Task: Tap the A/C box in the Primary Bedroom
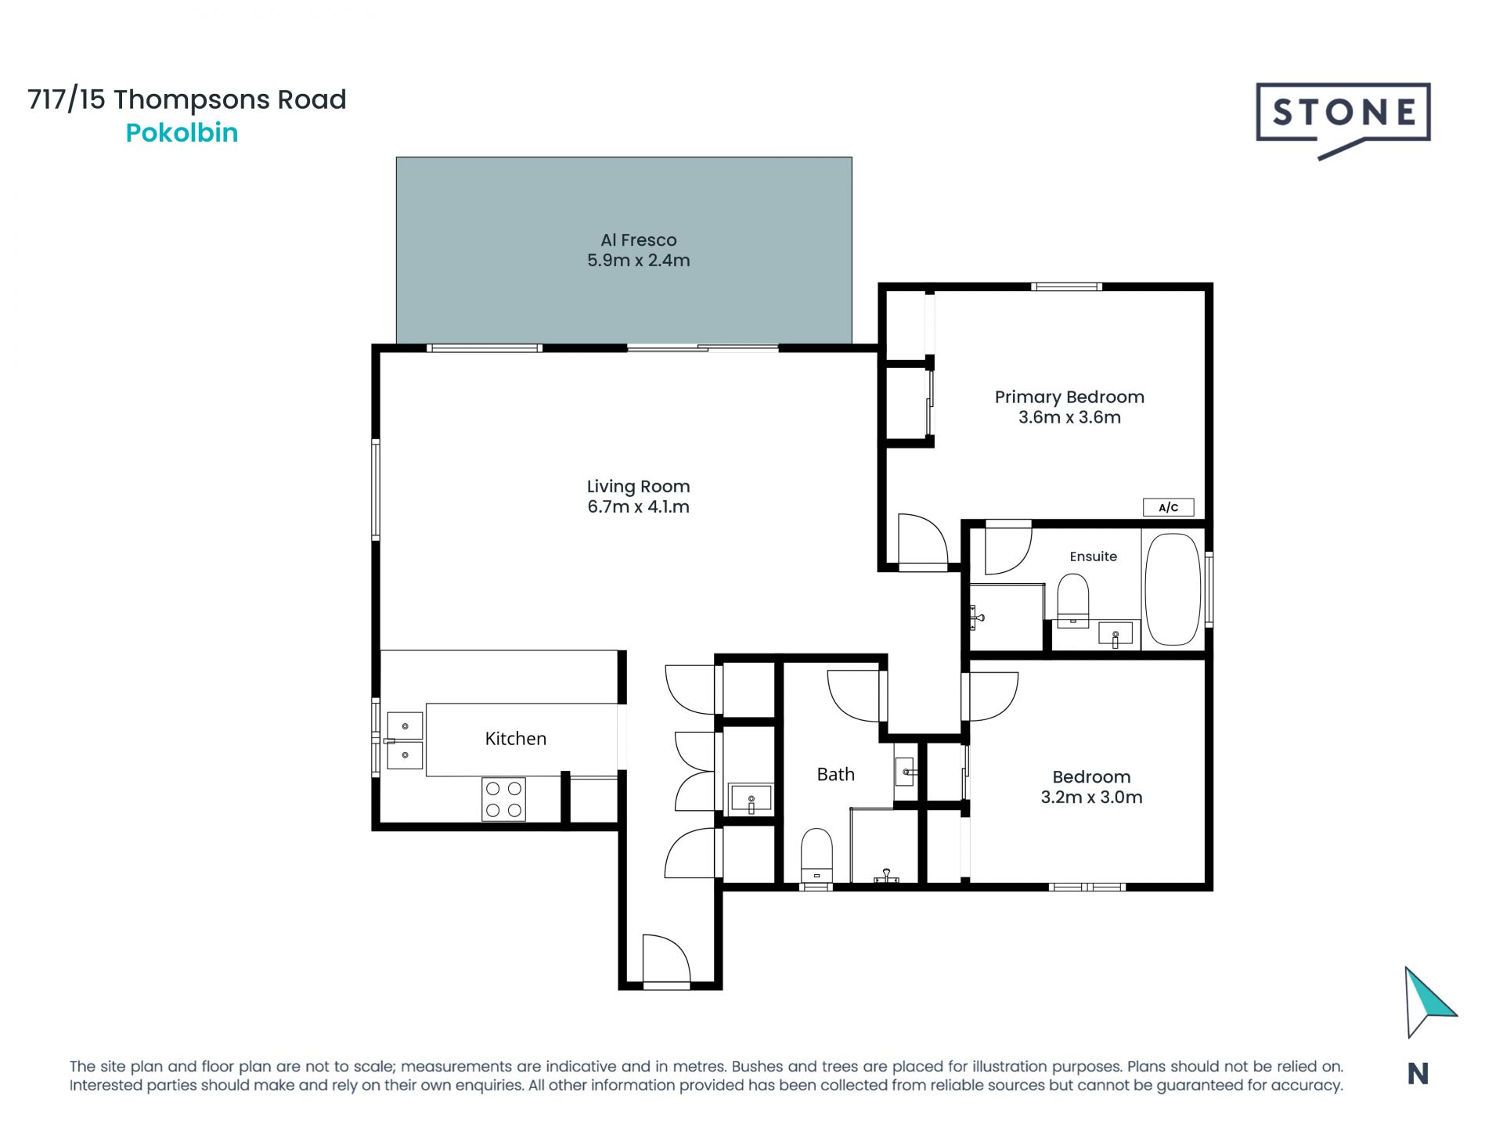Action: tap(1168, 507)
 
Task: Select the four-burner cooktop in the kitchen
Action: tap(503, 799)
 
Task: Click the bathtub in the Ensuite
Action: tap(1172, 589)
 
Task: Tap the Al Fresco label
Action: tap(639, 240)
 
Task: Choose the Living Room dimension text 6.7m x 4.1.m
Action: tap(638, 507)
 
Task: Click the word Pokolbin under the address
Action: tap(182, 133)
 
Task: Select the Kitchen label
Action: tap(515, 739)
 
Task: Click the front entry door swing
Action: tap(666, 958)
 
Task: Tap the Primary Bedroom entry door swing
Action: tap(923, 539)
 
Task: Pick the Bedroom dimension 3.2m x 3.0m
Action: tap(1091, 798)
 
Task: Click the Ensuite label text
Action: tap(1093, 556)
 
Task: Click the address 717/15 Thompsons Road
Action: tap(187, 99)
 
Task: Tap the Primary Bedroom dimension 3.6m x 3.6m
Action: tap(1069, 417)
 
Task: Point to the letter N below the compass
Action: tap(1418, 1075)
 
